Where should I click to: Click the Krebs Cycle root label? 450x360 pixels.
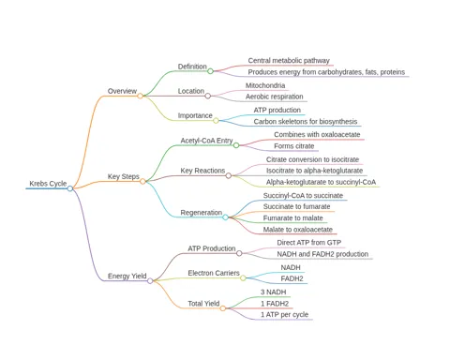tap(48, 184)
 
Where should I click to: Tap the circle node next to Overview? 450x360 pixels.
tap(140, 96)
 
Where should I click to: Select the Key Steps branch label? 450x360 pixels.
tap(124, 176)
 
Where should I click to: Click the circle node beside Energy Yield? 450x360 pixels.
tap(150, 280)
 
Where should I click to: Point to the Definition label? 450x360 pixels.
tap(192, 67)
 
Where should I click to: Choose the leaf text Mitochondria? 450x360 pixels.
tap(265, 85)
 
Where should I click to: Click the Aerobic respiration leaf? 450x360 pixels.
tap(275, 97)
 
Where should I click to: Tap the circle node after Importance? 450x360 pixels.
tap(216, 120)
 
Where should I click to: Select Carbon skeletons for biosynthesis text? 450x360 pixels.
tap(306, 122)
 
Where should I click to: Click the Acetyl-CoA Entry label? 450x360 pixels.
tap(206, 141)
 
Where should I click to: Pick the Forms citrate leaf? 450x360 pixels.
tap(294, 146)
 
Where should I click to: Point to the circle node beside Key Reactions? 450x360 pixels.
tap(229, 175)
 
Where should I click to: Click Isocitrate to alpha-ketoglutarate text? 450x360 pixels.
tap(314, 171)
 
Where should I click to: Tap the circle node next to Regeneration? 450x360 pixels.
tap(225, 217)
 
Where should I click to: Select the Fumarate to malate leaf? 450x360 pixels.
tap(292, 218)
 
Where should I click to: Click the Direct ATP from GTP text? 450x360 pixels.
tap(309, 243)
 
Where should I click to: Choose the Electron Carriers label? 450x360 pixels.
tap(214, 273)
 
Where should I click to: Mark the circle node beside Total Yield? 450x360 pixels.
tap(222, 308)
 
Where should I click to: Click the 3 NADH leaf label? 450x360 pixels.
tap(274, 292)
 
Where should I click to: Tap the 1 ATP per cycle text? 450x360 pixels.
tap(285, 315)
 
